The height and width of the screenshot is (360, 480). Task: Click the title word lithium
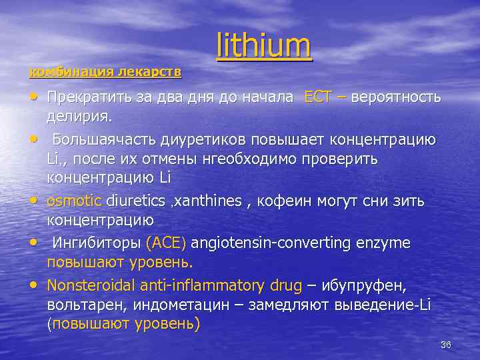264,46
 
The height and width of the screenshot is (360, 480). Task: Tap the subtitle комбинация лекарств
106,71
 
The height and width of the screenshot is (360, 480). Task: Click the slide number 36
446,344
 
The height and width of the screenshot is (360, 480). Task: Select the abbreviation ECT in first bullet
317,97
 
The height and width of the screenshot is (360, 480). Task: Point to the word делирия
79,117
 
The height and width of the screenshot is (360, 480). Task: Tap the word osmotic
74,201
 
